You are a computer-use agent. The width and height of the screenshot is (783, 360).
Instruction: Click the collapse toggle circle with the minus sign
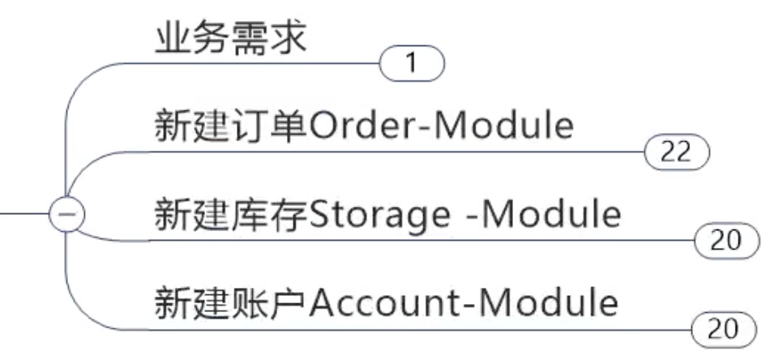click(66, 216)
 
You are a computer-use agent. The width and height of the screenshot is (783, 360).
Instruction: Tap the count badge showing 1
click(412, 63)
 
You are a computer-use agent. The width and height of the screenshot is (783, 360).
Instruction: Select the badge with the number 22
click(676, 152)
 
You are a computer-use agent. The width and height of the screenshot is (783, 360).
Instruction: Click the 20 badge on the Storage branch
click(727, 240)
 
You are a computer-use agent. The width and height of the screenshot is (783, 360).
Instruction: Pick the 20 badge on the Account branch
click(723, 329)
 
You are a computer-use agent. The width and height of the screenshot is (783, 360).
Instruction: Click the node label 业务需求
click(231, 38)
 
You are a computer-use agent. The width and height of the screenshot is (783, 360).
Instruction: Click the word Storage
click(377, 216)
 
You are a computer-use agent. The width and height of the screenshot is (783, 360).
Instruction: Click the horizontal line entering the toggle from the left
click(24, 216)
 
